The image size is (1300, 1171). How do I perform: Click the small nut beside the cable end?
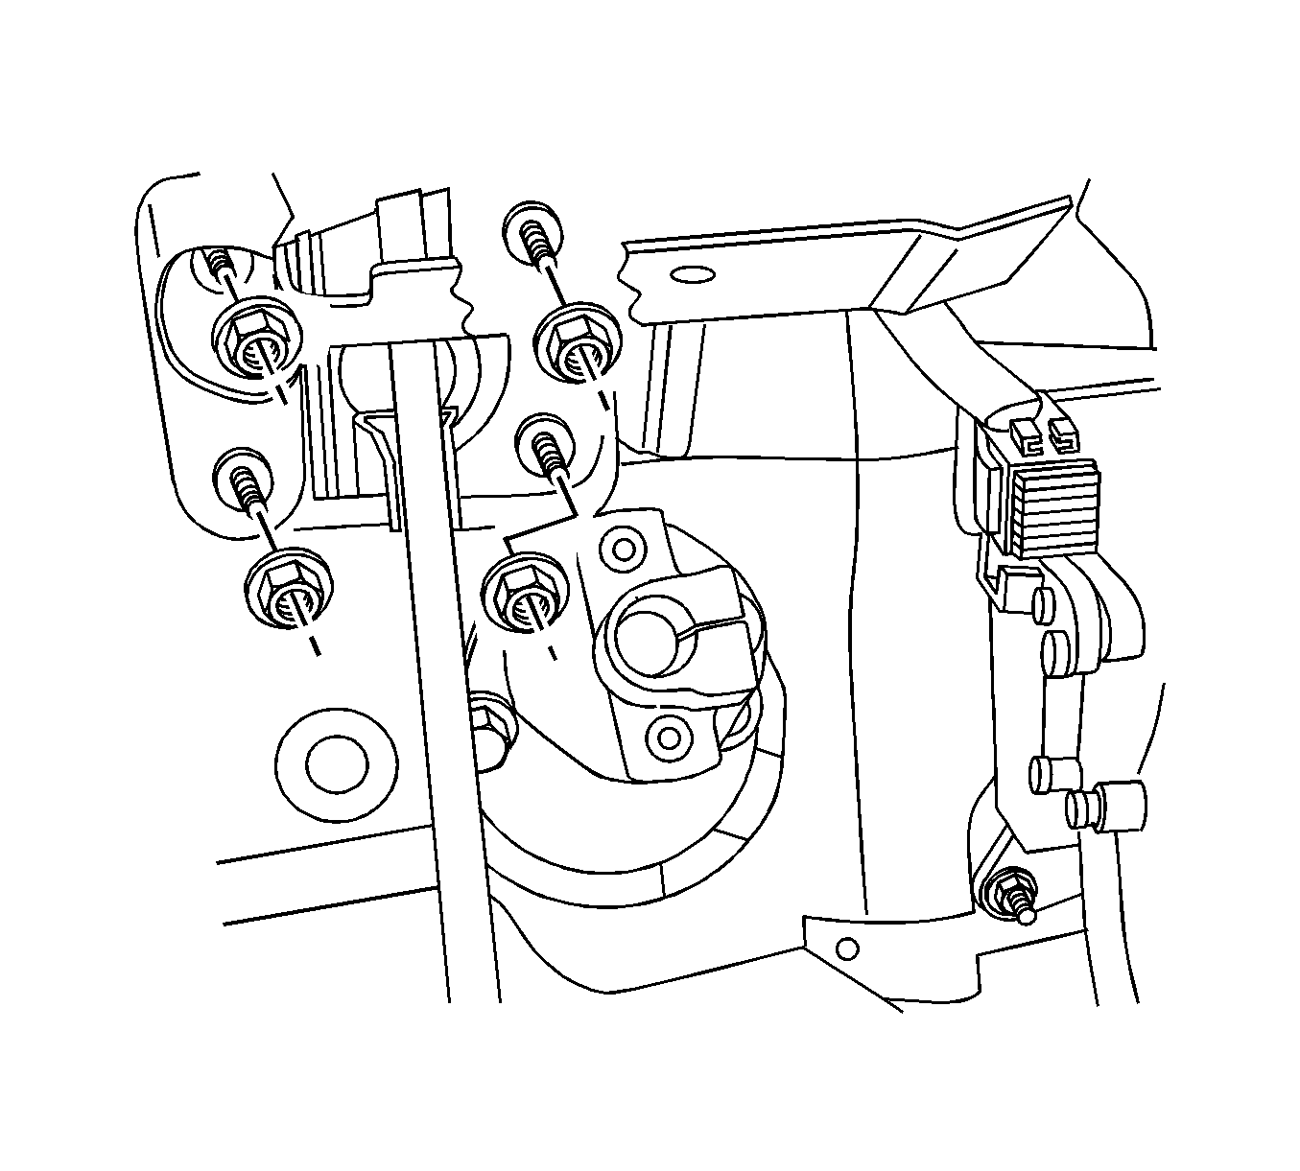[x=1010, y=890]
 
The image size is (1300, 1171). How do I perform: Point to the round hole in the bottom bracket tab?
[x=844, y=949]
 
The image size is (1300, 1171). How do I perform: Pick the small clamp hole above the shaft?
[x=624, y=550]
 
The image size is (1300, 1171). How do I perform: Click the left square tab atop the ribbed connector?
[x=1025, y=433]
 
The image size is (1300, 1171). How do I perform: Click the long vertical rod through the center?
[x=437, y=671]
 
